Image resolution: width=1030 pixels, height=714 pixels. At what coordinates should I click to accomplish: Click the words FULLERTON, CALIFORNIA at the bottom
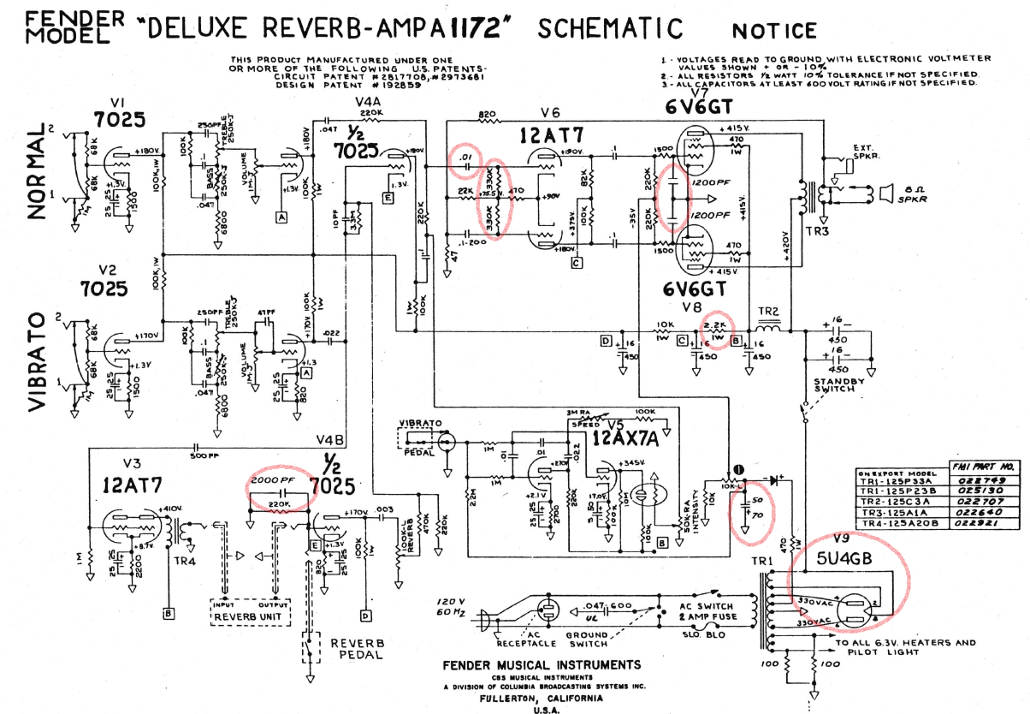[541, 697]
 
